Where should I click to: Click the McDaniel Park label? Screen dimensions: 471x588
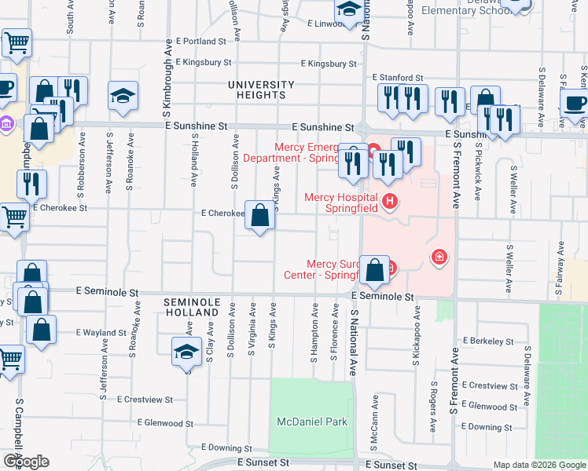(x=312, y=422)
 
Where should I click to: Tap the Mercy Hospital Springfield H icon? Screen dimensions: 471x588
(x=389, y=203)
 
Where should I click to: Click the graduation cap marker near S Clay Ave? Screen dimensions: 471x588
(x=186, y=351)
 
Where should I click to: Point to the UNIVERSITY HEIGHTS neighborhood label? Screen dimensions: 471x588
(x=261, y=89)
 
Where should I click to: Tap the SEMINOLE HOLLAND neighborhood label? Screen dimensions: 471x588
(x=189, y=307)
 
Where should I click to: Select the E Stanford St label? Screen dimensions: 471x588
(x=398, y=78)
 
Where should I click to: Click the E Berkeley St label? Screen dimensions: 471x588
(x=487, y=341)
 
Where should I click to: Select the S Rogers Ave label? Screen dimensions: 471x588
(x=433, y=407)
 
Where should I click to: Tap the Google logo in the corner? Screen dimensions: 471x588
(x=26, y=462)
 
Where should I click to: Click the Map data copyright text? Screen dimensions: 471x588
(x=539, y=465)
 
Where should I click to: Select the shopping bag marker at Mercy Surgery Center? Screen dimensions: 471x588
(x=375, y=269)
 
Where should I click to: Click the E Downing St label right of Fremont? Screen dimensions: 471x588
(x=487, y=427)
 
